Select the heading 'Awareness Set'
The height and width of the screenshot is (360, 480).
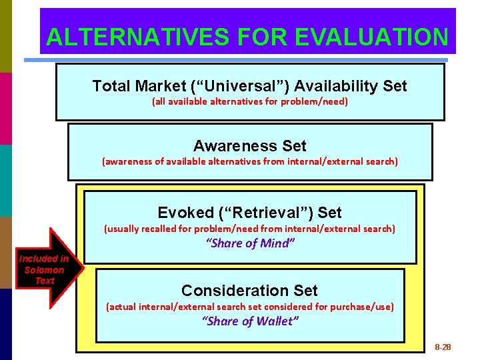click(250, 146)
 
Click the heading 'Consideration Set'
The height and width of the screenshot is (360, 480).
click(249, 291)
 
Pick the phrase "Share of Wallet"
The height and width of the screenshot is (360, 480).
click(250, 321)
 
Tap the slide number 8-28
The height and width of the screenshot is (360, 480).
click(443, 347)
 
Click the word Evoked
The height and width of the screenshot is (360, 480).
click(185, 213)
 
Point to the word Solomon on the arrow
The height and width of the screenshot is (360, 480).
click(44, 270)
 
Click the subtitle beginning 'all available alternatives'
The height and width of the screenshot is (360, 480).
click(250, 102)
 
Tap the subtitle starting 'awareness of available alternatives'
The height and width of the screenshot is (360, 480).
click(250, 161)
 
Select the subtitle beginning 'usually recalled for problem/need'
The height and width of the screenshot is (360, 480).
click(250, 229)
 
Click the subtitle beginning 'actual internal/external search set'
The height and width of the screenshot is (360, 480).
click(250, 307)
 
